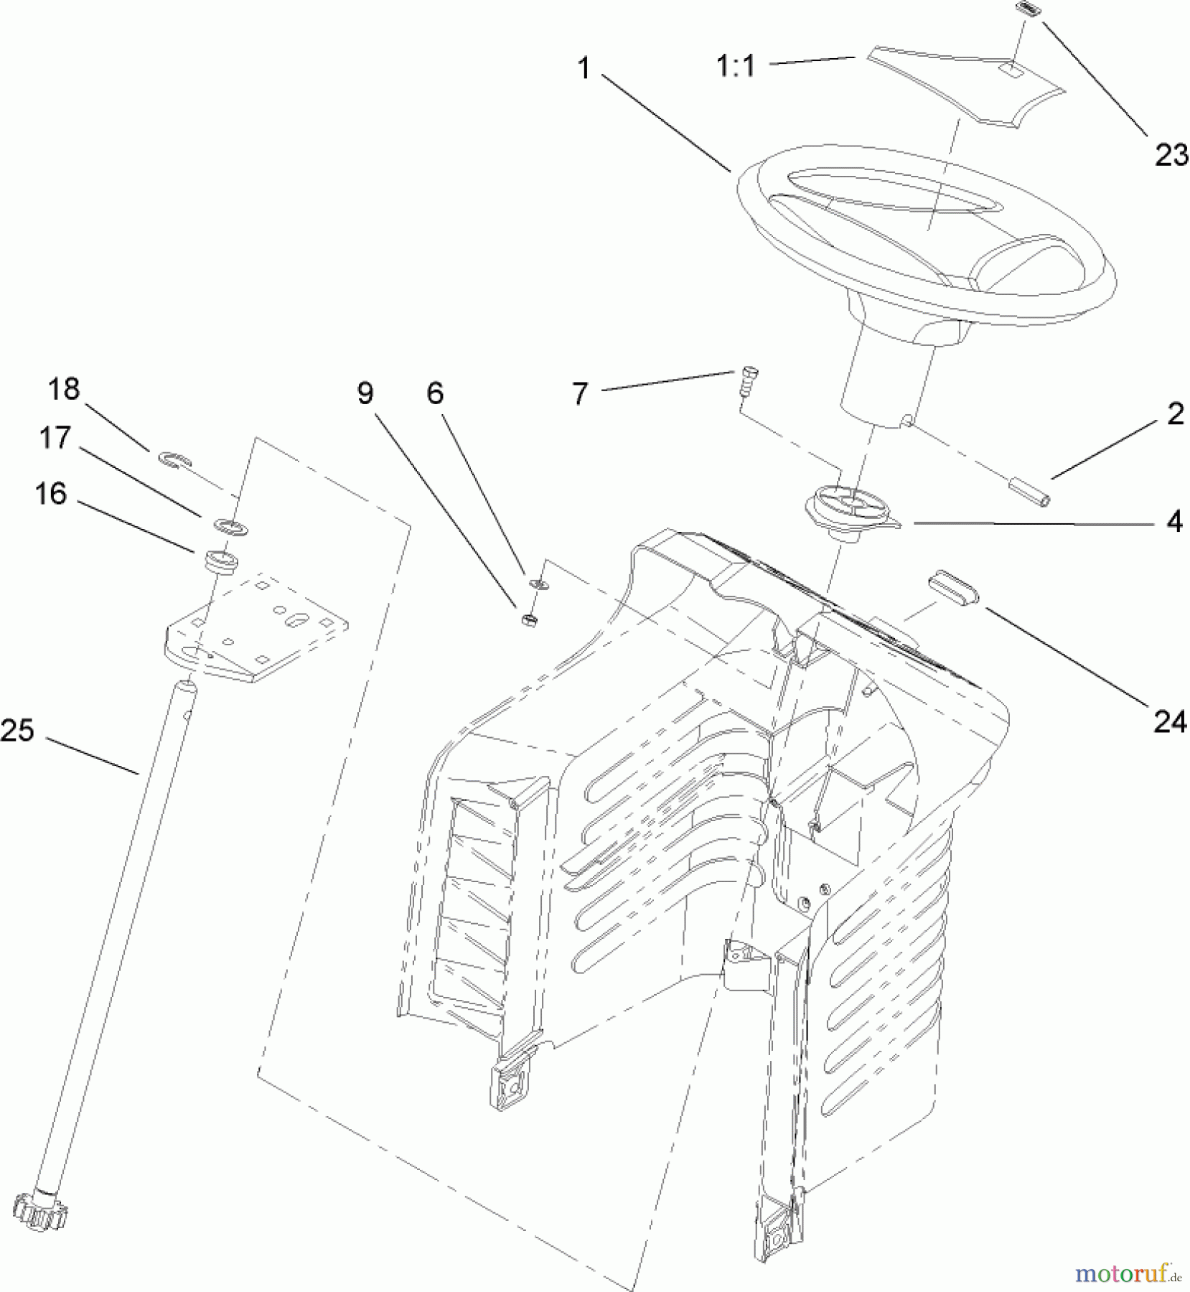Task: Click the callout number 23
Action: [x=1170, y=154]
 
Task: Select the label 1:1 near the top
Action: [x=736, y=67]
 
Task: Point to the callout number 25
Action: [x=18, y=731]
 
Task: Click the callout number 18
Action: [x=63, y=389]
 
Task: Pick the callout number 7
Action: [x=580, y=394]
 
